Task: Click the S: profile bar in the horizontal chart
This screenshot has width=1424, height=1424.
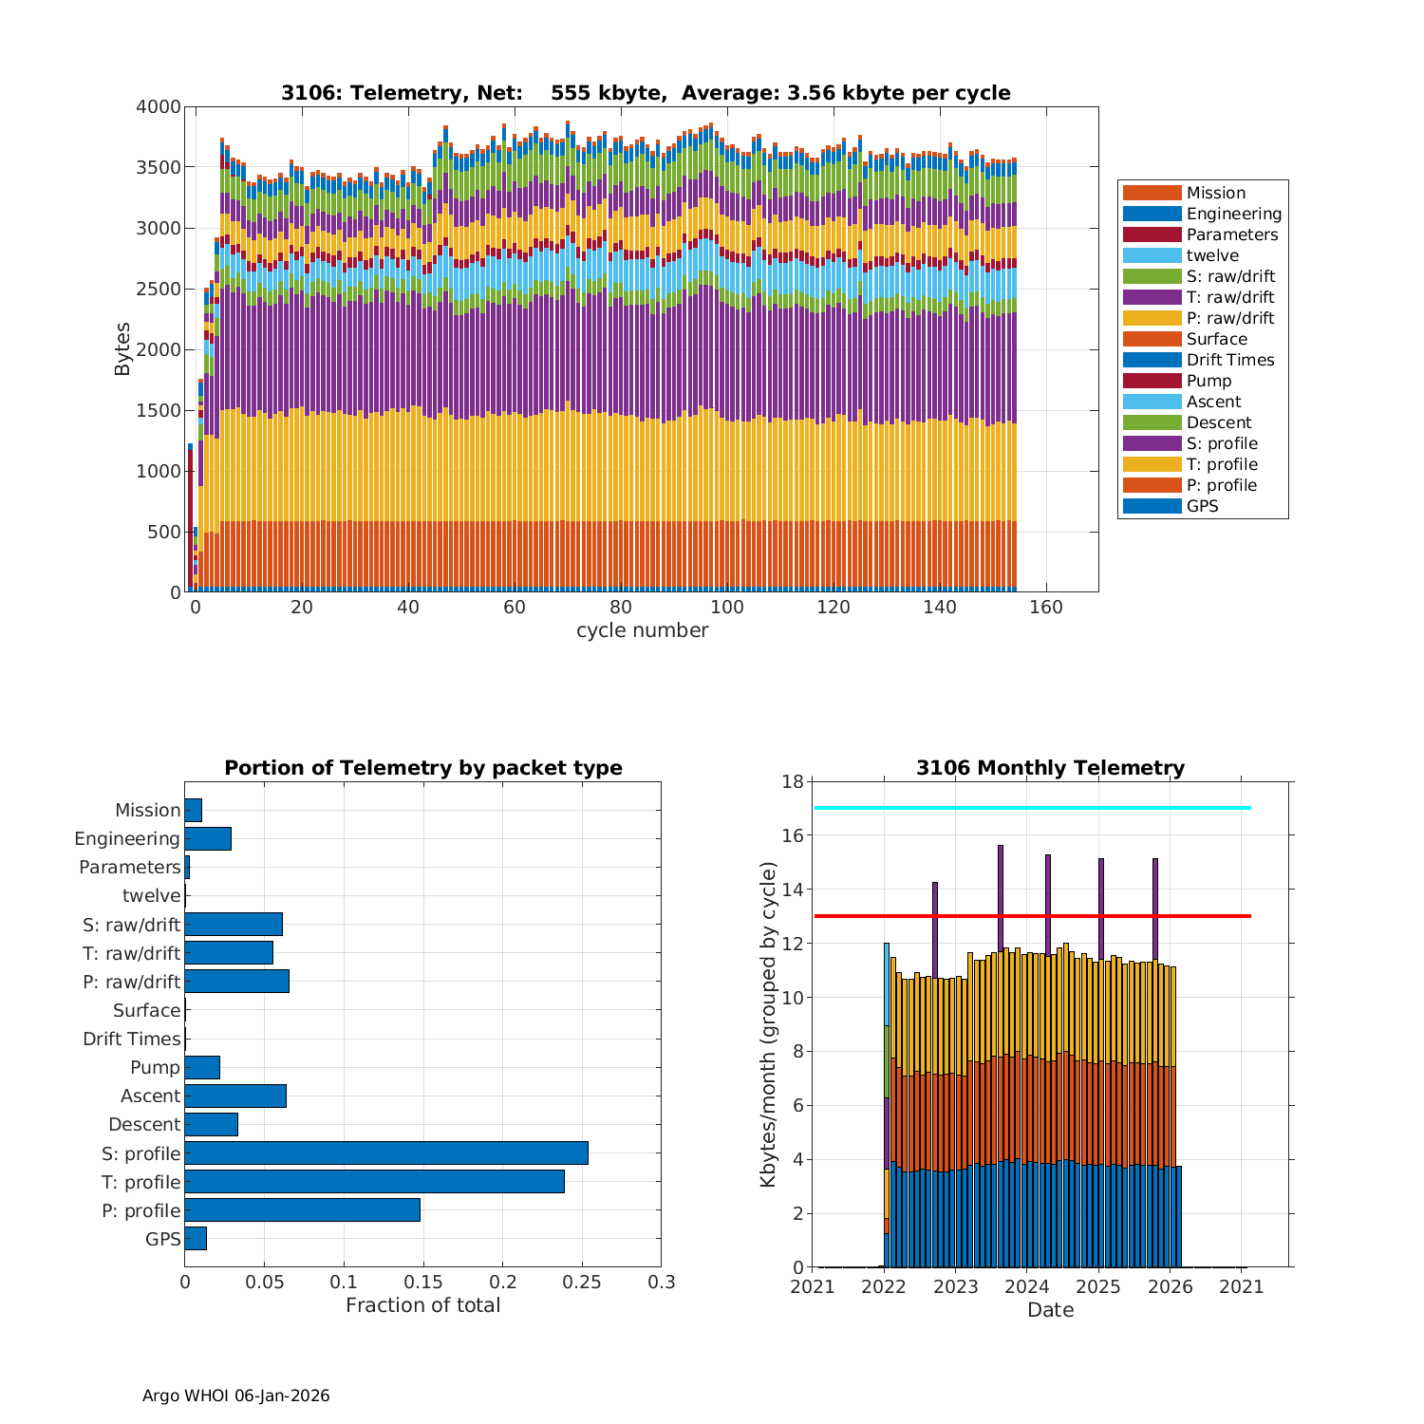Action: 385,1152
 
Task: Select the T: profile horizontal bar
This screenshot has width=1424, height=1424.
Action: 374,1181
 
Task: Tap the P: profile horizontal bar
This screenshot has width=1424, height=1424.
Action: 302,1209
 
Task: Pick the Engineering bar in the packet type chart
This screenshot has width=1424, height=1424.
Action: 208,838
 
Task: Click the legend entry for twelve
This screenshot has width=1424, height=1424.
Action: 1211,255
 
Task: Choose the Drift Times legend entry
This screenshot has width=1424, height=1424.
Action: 1229,360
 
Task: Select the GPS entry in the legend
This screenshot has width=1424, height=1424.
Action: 1202,506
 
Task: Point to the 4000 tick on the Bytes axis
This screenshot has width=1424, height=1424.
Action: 159,107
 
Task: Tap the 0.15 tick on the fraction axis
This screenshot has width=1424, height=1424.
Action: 345,1283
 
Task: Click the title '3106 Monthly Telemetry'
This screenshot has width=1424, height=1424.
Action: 1050,768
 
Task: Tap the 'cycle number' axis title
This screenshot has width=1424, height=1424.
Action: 642,630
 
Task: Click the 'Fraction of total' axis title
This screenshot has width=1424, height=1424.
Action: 422,1305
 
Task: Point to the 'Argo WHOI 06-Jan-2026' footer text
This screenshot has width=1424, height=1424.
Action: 235,1396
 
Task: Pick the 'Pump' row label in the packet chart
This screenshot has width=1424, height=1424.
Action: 155,1067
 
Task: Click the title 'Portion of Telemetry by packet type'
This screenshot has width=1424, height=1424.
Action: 422,768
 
